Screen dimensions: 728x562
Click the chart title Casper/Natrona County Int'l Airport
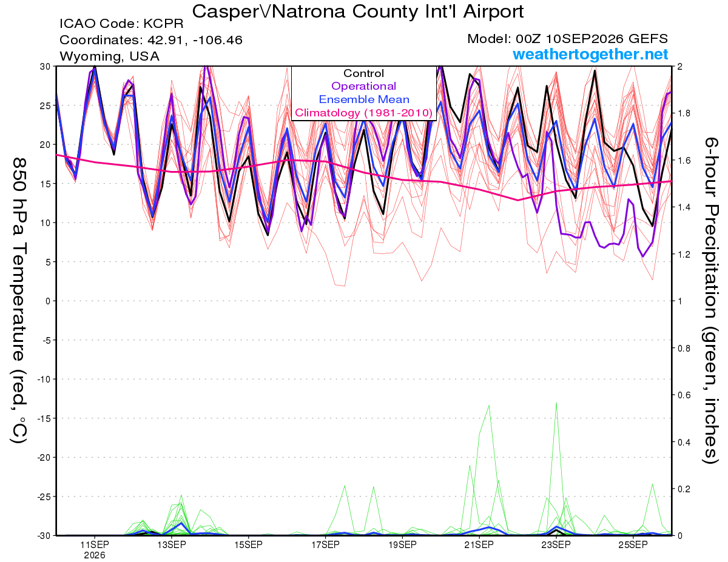(357, 12)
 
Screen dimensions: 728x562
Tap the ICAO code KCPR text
(121, 24)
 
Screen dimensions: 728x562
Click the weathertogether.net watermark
(590, 54)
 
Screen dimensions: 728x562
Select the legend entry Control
(363, 73)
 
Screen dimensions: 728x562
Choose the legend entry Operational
(363, 86)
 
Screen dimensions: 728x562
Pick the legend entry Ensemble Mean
(364, 99)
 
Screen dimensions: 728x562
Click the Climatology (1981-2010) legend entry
(364, 113)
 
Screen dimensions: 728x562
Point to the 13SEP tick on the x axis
(172, 545)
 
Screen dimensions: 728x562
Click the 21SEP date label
(479, 545)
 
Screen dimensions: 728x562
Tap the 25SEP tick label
(633, 545)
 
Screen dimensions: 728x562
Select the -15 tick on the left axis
(44, 418)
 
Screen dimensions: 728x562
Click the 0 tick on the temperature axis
(48, 301)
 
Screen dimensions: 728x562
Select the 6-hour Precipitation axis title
(710, 301)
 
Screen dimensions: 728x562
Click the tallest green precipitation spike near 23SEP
(556, 403)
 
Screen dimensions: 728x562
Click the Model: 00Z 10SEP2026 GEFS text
(567, 39)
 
